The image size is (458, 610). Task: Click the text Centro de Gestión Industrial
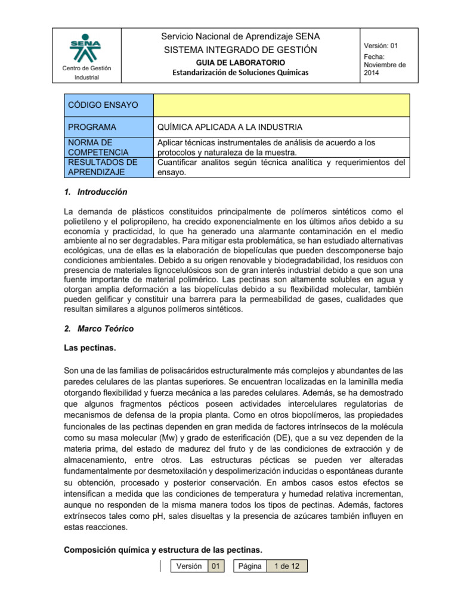click(x=86, y=73)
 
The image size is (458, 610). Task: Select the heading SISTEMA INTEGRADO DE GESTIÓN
click(x=240, y=49)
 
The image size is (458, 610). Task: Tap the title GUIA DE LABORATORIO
click(x=240, y=63)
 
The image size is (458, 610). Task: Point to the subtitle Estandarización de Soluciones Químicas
click(x=240, y=73)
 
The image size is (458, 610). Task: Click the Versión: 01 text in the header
click(x=384, y=46)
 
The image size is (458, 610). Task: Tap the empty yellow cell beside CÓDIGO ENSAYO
click(x=281, y=105)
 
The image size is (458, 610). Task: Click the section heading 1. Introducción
click(x=95, y=192)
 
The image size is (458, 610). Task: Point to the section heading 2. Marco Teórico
click(x=98, y=328)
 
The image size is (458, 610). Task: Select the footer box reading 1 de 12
click(x=286, y=566)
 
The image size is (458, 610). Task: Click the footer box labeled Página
click(x=250, y=566)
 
